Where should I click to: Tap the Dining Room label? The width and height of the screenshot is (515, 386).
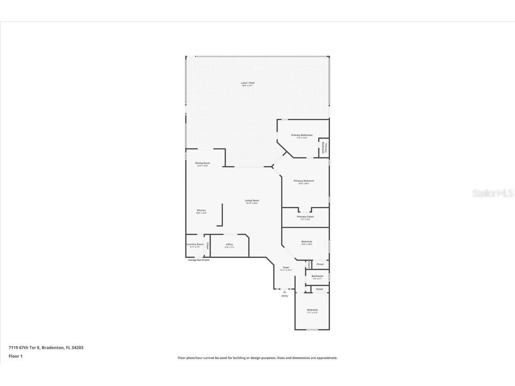(203, 163)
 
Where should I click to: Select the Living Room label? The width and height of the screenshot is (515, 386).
(252, 201)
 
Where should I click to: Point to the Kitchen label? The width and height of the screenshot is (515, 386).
(202, 210)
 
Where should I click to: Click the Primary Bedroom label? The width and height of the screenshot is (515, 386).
(304, 181)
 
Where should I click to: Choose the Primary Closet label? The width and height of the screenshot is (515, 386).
(305, 217)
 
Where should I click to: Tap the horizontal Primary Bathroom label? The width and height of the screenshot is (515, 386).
(302, 135)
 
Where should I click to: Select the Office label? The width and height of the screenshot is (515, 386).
(229, 244)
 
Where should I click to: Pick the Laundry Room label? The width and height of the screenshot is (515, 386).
(195, 244)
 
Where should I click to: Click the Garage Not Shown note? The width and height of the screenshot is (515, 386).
(198, 260)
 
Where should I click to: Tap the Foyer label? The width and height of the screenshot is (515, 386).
(286, 268)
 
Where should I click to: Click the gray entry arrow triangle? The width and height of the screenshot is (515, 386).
(284, 292)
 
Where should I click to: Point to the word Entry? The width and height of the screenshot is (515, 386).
(285, 296)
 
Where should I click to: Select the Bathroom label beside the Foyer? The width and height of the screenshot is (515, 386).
(317, 276)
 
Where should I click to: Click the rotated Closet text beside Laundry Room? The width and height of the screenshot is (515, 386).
(207, 245)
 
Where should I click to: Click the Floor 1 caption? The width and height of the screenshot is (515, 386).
(15, 356)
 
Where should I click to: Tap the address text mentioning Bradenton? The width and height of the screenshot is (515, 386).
(46, 347)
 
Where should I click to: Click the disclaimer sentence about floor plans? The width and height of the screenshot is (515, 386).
(257, 358)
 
